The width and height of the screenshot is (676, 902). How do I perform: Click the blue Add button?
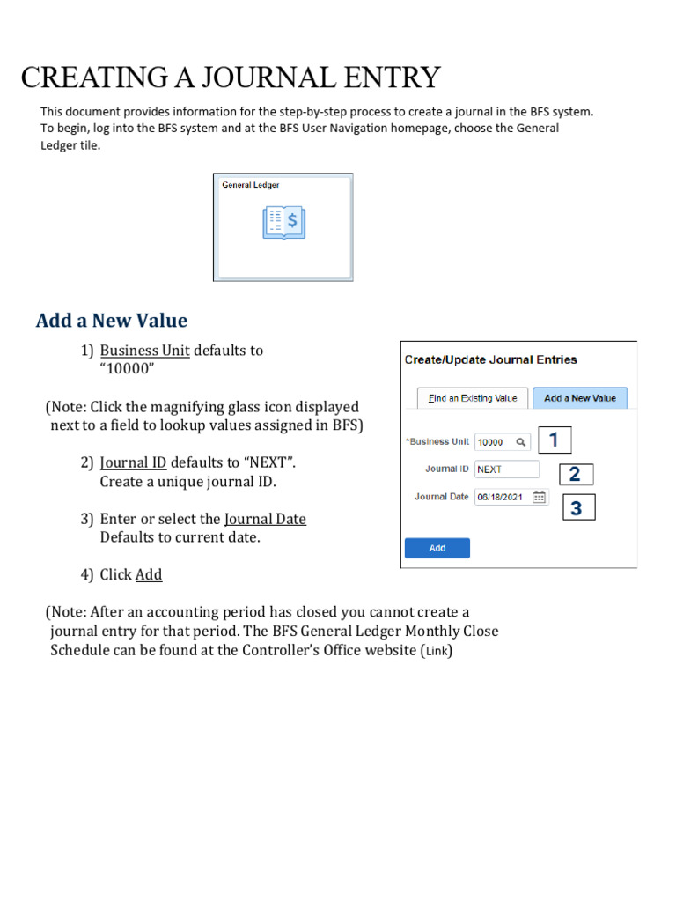[x=437, y=548]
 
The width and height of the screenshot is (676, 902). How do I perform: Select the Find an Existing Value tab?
[x=473, y=398]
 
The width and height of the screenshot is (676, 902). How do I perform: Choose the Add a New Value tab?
[x=580, y=398]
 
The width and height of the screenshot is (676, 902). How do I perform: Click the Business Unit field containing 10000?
[x=494, y=442]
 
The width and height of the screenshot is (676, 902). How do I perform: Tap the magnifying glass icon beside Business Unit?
[x=521, y=442]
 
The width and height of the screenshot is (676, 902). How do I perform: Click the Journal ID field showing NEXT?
[x=506, y=469]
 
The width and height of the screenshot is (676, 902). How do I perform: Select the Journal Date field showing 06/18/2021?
[x=501, y=497]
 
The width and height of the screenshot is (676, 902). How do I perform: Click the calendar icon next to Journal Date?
[x=540, y=497]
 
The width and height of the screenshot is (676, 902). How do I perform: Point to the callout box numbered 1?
[x=554, y=440]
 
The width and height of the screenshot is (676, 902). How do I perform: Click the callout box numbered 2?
[x=575, y=475]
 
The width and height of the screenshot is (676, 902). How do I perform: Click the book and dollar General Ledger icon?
[x=283, y=223]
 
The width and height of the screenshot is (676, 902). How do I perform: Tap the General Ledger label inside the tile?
[x=251, y=185]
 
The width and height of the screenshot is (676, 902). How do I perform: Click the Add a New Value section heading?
[x=112, y=320]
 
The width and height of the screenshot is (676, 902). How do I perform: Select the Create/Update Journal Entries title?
[x=490, y=359]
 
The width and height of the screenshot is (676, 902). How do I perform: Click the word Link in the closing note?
[x=437, y=651]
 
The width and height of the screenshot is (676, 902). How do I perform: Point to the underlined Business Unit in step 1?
[x=144, y=350]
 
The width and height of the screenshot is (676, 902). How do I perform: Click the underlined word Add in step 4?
[x=149, y=574]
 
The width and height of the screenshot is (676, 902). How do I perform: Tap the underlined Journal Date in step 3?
[x=265, y=519]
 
